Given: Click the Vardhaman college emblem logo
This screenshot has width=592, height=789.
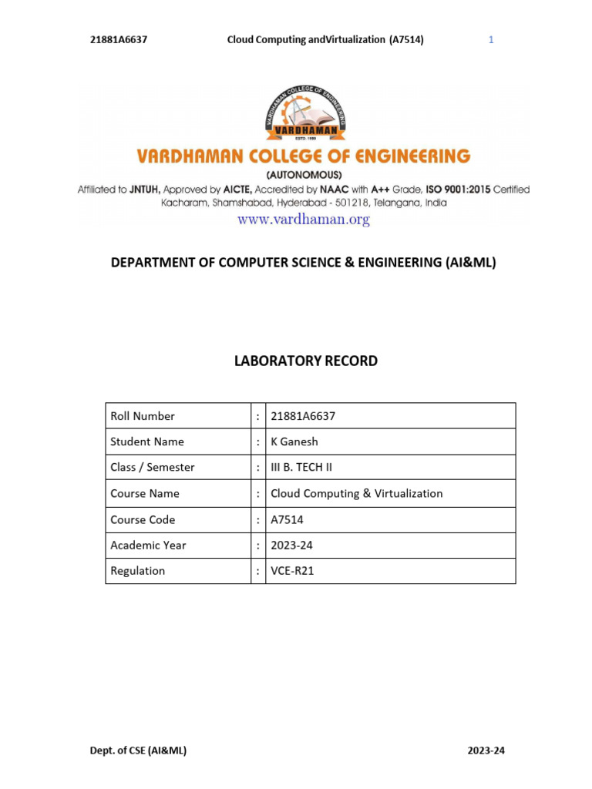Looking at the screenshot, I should (304, 113).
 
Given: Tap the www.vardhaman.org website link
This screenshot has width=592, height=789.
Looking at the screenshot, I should (304, 220).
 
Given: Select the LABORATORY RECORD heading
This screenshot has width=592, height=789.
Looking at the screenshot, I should (306, 361).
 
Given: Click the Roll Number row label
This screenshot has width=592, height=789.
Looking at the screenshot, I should (143, 416).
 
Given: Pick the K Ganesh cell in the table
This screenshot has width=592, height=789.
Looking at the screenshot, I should (294, 442).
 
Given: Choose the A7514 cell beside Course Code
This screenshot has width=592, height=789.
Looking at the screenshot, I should (288, 519).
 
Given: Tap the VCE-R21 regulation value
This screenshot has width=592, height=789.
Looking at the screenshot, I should (292, 571).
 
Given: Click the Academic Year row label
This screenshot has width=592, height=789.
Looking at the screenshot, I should (148, 545).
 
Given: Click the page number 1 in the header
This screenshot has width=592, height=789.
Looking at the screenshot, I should (491, 40).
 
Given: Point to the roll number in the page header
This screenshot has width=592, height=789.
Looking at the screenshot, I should (119, 40).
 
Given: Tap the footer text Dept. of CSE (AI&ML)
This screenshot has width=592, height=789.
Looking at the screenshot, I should (138, 750).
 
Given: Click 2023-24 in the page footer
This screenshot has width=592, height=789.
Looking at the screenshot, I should (486, 750).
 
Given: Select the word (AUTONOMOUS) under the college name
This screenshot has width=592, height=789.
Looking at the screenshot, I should (304, 175).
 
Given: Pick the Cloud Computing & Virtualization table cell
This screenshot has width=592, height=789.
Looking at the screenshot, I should (357, 493).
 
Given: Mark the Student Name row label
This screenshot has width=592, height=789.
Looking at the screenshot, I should (147, 442).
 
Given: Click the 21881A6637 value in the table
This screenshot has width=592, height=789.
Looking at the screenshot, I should (303, 416).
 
